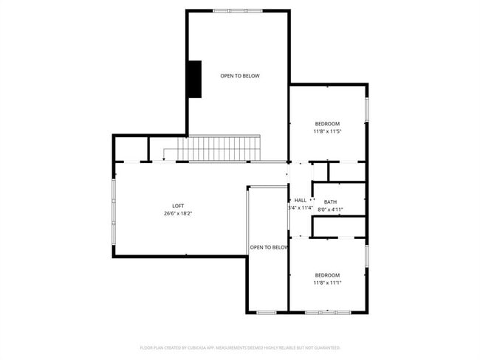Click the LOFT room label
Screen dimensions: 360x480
pyautogui.click(x=179, y=206)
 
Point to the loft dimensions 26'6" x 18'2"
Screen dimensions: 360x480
pyautogui.click(x=179, y=214)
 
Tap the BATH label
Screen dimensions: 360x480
pyautogui.click(x=330, y=202)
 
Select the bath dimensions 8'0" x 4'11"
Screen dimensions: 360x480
pyautogui.click(x=330, y=210)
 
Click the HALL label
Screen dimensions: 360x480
pyautogui.click(x=301, y=200)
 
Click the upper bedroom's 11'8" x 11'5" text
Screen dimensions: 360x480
pyautogui.click(x=327, y=131)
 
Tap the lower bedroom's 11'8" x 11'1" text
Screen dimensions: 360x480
pyautogui.click(x=327, y=283)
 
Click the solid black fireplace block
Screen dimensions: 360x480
pyautogui.click(x=194, y=79)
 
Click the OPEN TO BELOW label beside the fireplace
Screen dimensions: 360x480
pyautogui.click(x=240, y=76)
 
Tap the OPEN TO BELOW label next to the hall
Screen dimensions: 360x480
pyautogui.click(x=268, y=247)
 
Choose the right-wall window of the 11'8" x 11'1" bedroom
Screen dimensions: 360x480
pyautogui.click(x=366, y=255)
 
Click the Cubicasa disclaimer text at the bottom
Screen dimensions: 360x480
pyautogui.click(x=240, y=347)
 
